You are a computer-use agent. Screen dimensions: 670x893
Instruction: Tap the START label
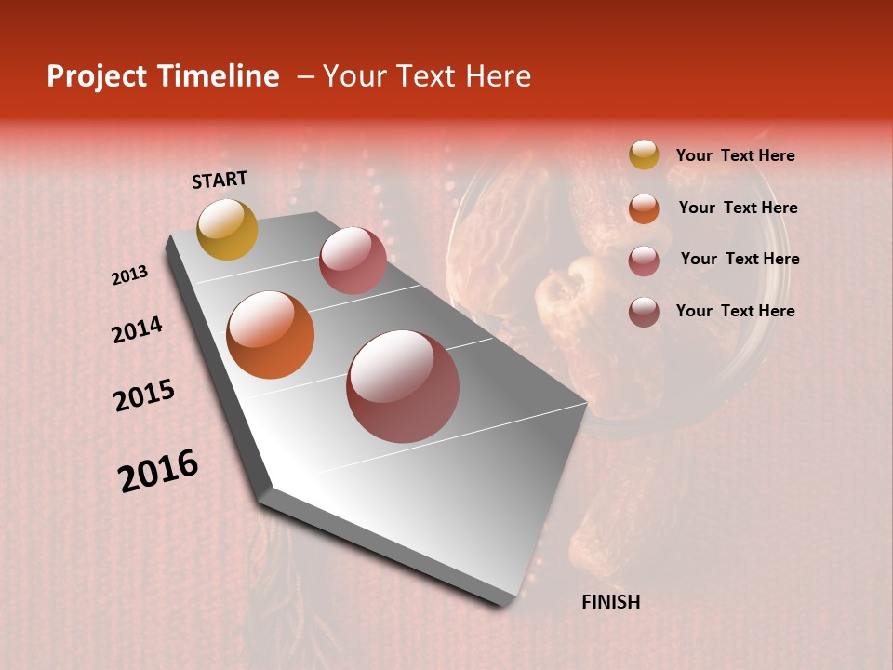(x=220, y=180)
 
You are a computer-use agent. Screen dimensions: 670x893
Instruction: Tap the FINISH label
(x=611, y=602)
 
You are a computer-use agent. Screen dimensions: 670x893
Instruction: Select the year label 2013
(x=130, y=275)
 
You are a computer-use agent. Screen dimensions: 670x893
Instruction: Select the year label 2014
(x=137, y=329)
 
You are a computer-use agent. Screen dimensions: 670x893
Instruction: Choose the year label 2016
(x=158, y=470)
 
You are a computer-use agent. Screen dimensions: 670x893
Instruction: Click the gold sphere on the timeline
(x=227, y=229)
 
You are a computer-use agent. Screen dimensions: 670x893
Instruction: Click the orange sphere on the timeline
(x=271, y=335)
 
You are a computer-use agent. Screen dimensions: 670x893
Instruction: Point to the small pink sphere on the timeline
(x=353, y=261)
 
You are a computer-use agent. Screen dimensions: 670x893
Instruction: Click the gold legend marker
(x=644, y=155)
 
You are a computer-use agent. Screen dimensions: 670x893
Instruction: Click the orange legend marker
(x=644, y=208)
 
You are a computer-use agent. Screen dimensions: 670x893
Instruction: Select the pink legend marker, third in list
(x=644, y=260)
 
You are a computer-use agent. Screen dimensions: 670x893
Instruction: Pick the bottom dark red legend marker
(x=644, y=312)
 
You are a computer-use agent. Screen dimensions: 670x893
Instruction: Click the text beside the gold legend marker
(x=735, y=156)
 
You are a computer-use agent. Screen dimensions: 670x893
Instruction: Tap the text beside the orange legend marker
(x=738, y=208)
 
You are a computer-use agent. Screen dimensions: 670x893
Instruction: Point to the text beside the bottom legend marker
(x=735, y=311)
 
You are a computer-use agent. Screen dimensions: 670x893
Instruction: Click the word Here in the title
(x=498, y=76)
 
